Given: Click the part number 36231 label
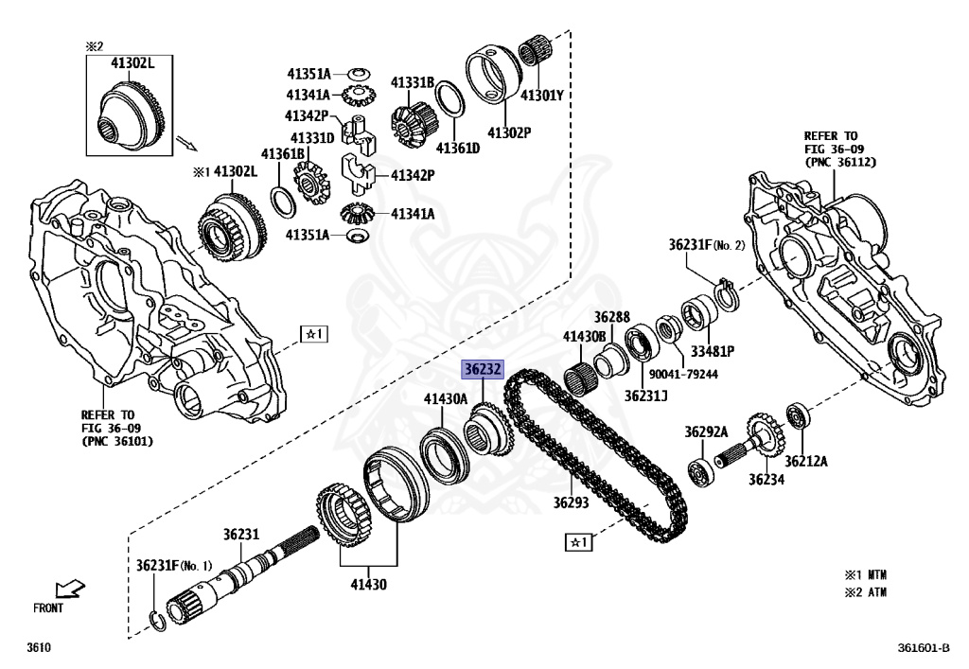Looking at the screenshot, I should click(240, 535).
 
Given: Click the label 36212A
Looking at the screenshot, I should click(805, 461).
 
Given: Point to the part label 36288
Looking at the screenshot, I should click(611, 317).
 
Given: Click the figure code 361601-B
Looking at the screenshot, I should click(924, 648).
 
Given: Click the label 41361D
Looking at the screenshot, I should click(457, 149).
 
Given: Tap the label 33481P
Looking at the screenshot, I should click(712, 351).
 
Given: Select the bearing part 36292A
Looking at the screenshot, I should click(702, 470).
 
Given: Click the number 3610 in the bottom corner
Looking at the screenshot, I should click(39, 648).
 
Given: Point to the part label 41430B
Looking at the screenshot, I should click(584, 337).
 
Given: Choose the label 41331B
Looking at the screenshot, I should click(413, 83).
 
